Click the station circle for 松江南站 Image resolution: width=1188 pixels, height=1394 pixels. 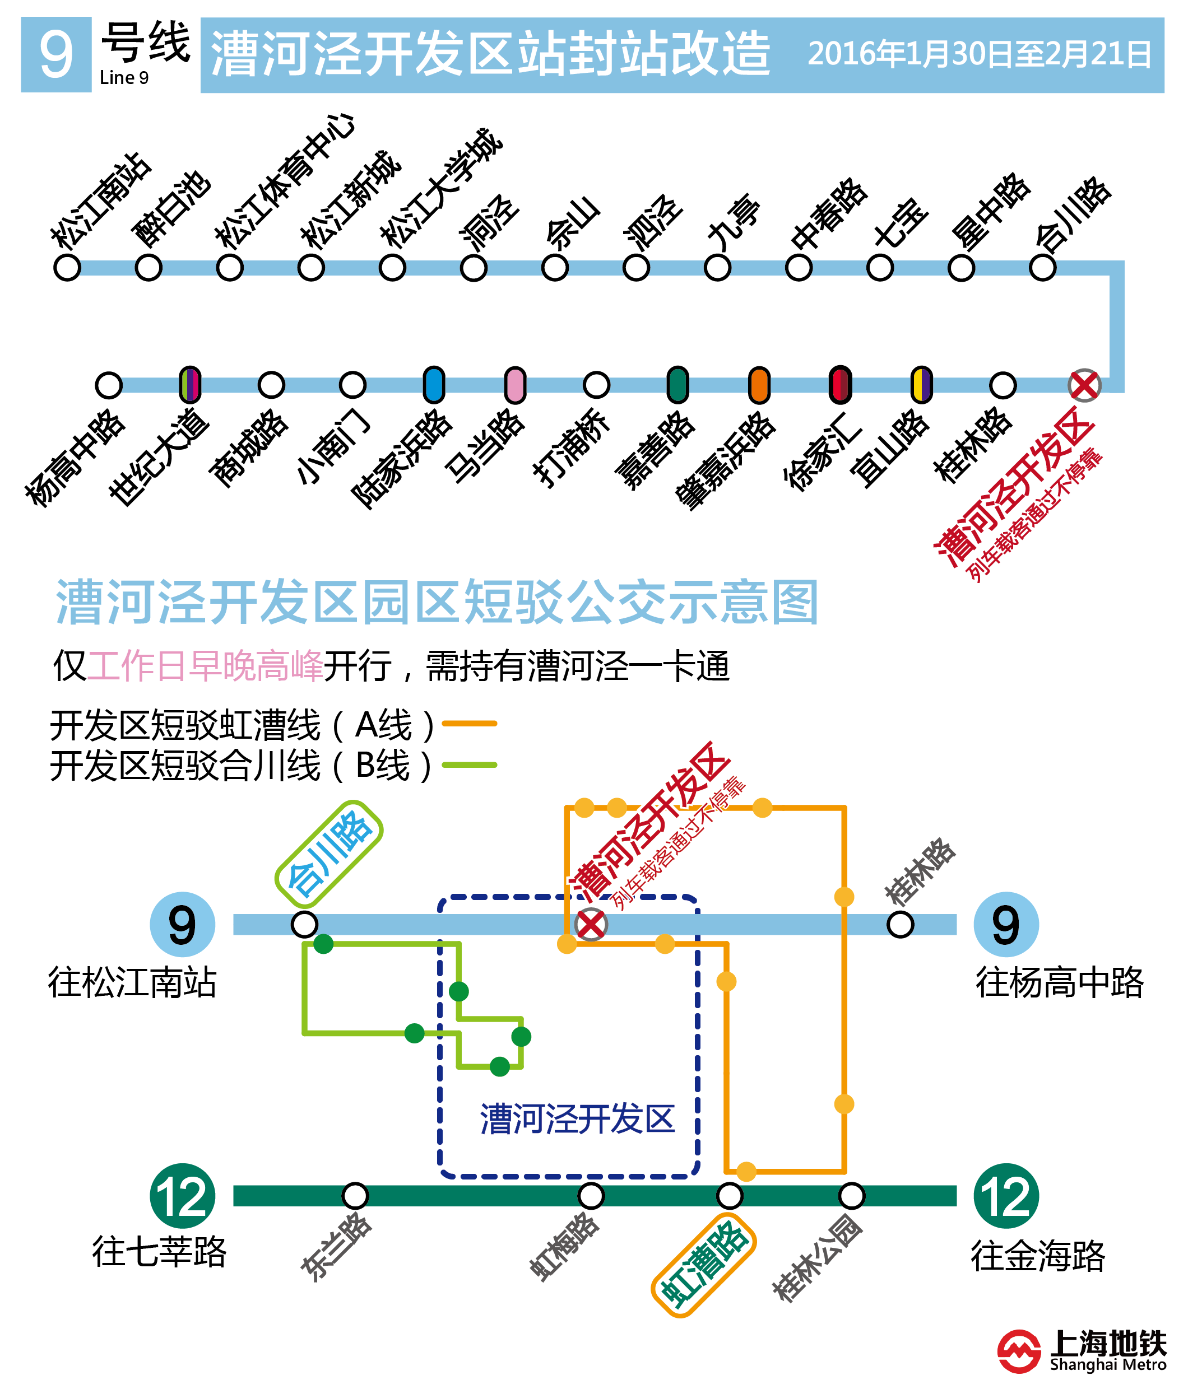click(67, 268)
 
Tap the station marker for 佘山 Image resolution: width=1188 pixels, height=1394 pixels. click(555, 268)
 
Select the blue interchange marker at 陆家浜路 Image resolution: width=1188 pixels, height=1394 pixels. click(434, 385)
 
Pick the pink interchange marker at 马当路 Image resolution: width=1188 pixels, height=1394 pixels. click(515, 385)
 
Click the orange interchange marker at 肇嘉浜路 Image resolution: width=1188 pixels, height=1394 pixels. click(759, 385)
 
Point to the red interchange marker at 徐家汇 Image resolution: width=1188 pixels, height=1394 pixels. click(840, 385)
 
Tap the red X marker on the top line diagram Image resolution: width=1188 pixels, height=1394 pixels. click(1084, 385)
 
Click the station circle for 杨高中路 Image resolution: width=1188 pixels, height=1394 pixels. click(109, 385)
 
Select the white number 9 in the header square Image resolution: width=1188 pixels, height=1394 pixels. click(56, 54)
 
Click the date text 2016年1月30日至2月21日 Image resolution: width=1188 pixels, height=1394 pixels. click(980, 54)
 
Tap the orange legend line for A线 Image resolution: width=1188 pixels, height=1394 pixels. click(469, 723)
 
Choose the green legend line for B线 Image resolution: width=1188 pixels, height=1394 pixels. click(469, 765)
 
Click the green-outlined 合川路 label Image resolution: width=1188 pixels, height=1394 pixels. click(329, 854)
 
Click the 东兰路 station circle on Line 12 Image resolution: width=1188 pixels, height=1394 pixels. click(355, 1196)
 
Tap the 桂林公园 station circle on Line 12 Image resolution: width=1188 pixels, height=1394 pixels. click(851, 1196)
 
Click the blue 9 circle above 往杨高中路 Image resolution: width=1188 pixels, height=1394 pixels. click(1005, 925)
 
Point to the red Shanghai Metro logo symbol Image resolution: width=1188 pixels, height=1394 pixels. click(1018, 1351)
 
